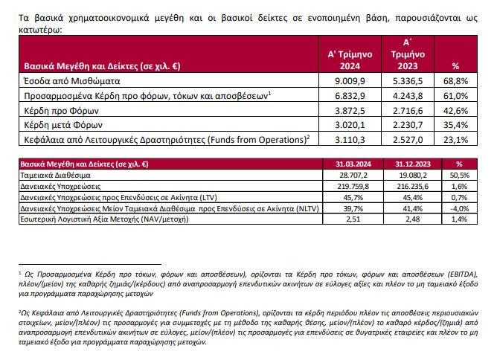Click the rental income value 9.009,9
click(x=350, y=81)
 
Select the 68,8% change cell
click(x=455, y=81)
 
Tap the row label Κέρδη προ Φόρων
click(x=62, y=111)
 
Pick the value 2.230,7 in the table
click(x=408, y=125)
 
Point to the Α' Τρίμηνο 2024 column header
click(x=350, y=60)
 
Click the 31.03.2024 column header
click(x=353, y=164)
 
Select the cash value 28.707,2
click(x=353, y=176)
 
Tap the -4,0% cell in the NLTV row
click(x=459, y=208)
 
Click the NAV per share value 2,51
click(x=353, y=219)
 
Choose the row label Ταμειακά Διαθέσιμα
click(x=56, y=176)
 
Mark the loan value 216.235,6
click(x=412, y=187)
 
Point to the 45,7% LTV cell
click(x=353, y=197)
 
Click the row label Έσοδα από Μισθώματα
click(x=72, y=81)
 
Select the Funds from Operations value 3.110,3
click(x=350, y=139)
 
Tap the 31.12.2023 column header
click(x=413, y=164)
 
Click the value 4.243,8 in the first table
click(x=408, y=96)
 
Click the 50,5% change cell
click(x=459, y=176)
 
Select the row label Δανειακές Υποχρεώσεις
click(x=60, y=187)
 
